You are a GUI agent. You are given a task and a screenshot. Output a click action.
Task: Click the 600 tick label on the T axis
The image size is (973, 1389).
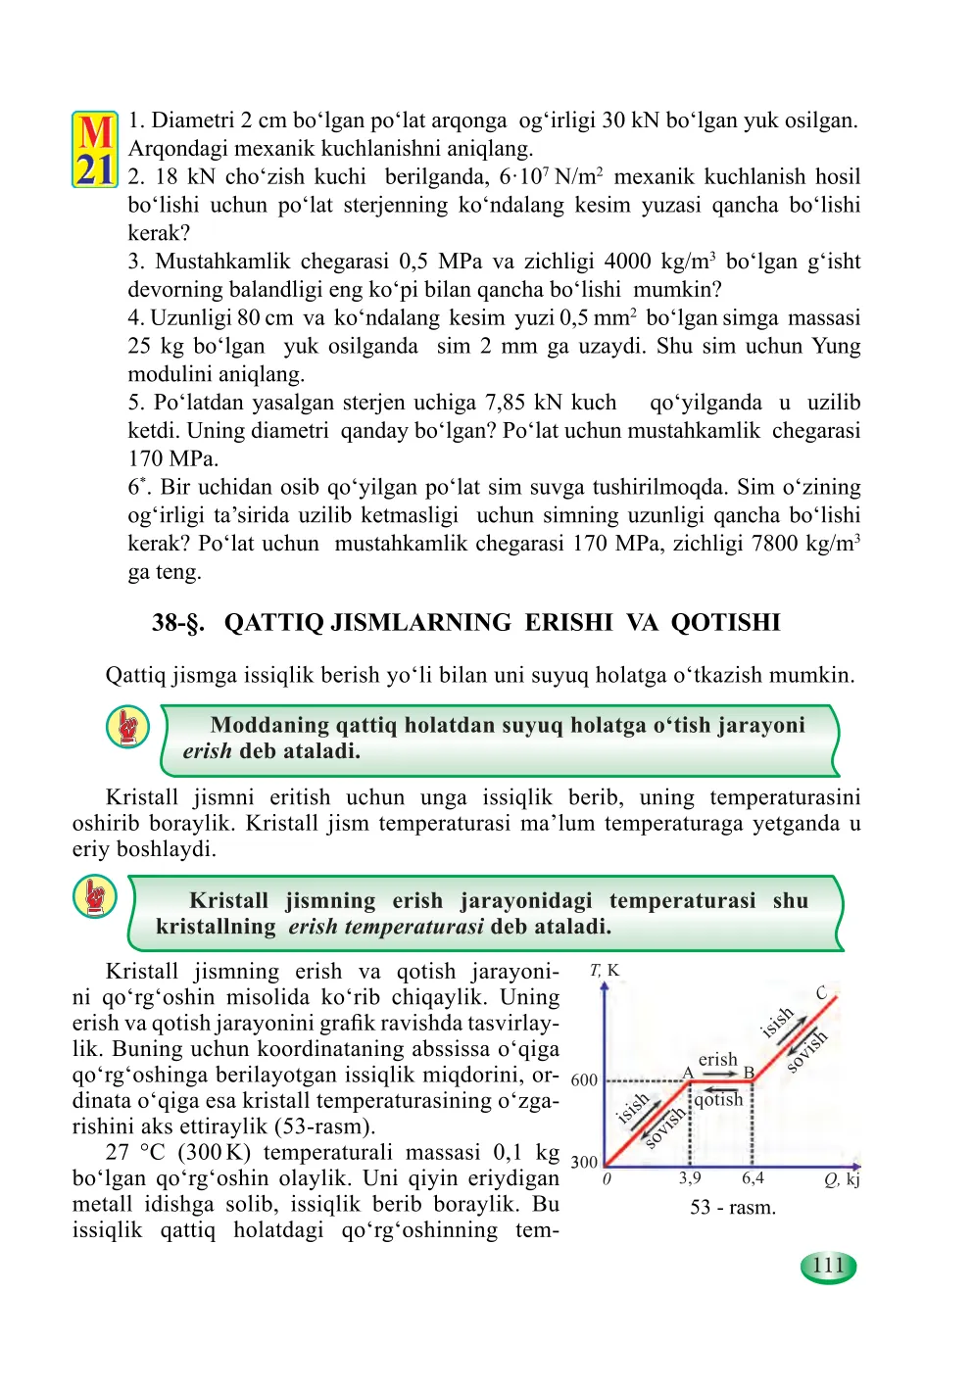(x=584, y=1079)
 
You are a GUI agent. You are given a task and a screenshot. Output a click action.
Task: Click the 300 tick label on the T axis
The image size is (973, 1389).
(x=584, y=1162)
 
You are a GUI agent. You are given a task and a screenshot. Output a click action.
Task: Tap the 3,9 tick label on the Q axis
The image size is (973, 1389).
(x=690, y=1177)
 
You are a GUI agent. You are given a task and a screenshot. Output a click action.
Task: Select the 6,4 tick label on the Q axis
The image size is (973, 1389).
(x=753, y=1177)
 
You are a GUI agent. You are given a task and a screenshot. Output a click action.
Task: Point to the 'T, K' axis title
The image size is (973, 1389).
(x=605, y=970)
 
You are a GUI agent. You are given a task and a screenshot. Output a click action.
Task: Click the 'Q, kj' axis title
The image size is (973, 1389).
(x=842, y=1179)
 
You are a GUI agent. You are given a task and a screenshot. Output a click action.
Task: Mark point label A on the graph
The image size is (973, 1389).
(x=688, y=1073)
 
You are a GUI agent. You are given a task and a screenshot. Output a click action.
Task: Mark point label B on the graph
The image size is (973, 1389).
(x=749, y=1073)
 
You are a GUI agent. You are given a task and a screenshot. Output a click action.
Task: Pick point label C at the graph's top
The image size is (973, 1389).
(x=821, y=993)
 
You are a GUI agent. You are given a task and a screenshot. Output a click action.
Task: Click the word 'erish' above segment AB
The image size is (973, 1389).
(x=717, y=1059)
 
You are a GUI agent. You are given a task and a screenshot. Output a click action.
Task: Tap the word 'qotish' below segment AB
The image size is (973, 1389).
(x=718, y=1099)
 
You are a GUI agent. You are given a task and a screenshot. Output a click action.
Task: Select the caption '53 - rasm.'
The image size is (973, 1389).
(x=732, y=1207)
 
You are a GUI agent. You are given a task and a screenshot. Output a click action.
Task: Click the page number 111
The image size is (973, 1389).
(x=828, y=1266)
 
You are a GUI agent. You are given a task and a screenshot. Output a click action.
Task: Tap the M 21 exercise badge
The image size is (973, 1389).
(x=95, y=150)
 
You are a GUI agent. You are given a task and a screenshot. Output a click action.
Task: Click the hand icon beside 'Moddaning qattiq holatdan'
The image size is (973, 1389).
(x=127, y=727)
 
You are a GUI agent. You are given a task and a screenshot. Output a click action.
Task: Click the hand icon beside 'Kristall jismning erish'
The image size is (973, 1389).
(x=95, y=896)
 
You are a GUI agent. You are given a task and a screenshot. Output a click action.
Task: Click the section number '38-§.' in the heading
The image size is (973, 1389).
(x=178, y=623)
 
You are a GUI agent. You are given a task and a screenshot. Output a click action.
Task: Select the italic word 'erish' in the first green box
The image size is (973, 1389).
(x=207, y=751)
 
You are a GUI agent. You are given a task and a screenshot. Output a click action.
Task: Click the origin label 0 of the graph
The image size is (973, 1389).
(x=607, y=1178)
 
